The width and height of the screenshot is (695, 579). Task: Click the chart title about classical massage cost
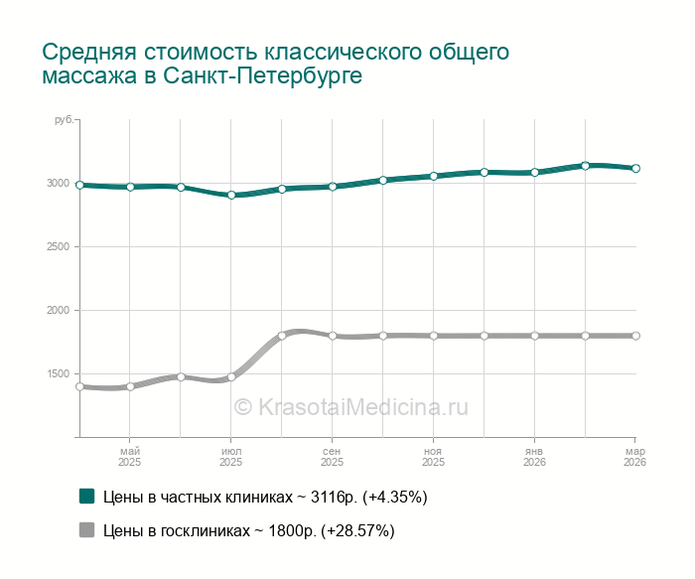(276, 63)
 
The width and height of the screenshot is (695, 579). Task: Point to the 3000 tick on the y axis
(58, 184)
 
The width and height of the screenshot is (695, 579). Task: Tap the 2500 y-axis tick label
(58, 247)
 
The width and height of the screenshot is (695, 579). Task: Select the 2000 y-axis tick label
(58, 311)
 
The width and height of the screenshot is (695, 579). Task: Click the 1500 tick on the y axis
(58, 374)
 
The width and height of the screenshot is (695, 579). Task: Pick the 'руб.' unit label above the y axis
(63, 120)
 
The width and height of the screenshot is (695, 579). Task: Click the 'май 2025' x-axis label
(129, 457)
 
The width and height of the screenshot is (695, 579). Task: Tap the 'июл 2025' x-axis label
(230, 457)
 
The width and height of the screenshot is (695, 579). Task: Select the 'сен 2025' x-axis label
(332, 457)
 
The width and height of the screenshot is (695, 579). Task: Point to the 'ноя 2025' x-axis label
(433, 457)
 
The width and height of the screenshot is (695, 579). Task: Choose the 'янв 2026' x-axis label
(534, 457)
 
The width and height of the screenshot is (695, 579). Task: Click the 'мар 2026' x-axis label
(634, 457)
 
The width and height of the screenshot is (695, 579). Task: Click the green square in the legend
(86, 496)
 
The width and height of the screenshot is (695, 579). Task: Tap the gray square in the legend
(86, 530)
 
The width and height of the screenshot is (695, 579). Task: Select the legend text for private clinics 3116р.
(265, 496)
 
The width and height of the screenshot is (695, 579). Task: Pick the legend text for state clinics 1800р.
(249, 530)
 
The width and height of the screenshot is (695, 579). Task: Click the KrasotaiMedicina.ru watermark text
(349, 406)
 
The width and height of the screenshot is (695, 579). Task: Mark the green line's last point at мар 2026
(635, 169)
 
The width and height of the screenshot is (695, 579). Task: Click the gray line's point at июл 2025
(231, 377)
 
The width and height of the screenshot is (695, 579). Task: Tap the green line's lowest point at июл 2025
(231, 195)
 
